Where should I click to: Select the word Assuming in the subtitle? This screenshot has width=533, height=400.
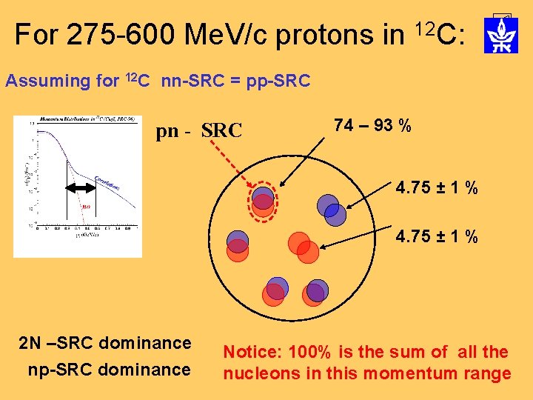point(47,81)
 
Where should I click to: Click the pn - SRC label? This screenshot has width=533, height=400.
point(199,131)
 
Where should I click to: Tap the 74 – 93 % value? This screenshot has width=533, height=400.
point(373,126)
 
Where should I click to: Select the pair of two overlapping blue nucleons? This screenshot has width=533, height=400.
point(330,209)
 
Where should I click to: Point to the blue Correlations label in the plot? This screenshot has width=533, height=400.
point(108,182)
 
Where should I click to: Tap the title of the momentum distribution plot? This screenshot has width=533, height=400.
point(77,119)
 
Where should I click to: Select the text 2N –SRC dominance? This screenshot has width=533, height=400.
point(105,343)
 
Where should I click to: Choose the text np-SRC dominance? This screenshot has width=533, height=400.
point(109,369)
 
